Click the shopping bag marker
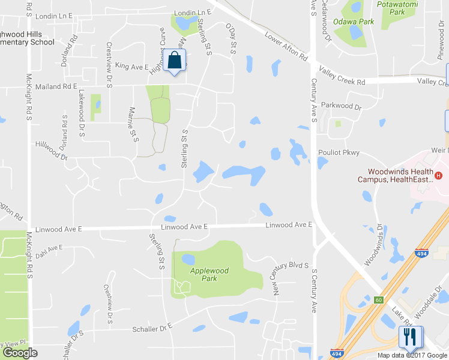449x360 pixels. point(175,61)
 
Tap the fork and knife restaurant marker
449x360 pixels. point(411,337)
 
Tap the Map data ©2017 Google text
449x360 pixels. point(412,355)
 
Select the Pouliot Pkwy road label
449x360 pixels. point(340,153)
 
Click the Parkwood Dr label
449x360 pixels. point(341,107)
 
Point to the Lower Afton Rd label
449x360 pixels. point(286,47)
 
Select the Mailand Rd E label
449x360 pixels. point(56,86)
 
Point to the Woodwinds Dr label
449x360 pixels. point(375,246)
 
